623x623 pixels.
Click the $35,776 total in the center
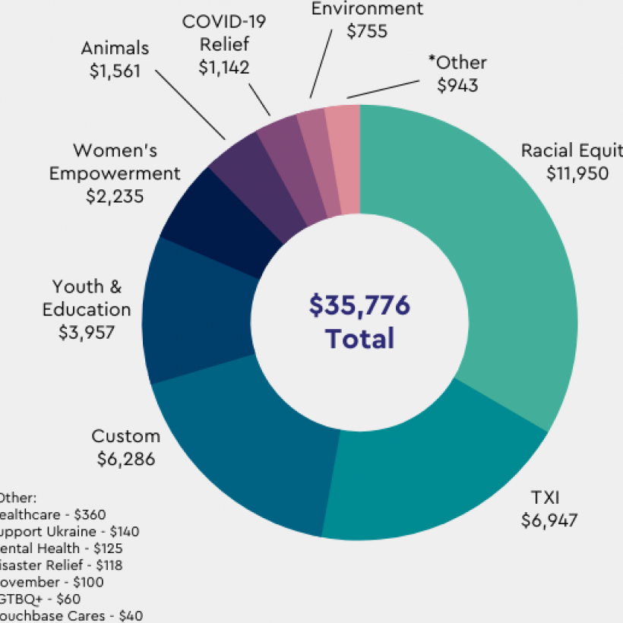359,305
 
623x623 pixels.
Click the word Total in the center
359,338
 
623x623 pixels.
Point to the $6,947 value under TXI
549,520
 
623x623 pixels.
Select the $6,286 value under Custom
126,459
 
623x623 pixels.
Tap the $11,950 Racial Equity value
577,173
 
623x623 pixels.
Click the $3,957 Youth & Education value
87,332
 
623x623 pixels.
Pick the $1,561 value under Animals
115,71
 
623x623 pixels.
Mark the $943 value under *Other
457,85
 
